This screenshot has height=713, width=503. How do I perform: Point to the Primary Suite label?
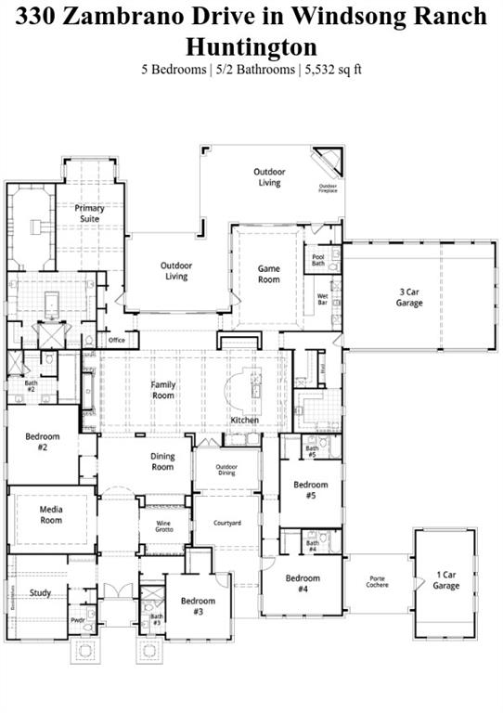point(90,214)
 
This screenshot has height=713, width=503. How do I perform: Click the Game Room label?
point(269,274)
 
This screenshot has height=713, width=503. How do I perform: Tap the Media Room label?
point(51,515)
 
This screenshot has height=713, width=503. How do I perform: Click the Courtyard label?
point(227,524)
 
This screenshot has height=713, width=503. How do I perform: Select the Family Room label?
point(163,390)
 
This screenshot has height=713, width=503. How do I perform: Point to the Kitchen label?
point(245,421)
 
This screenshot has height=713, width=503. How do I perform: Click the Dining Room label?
point(162,461)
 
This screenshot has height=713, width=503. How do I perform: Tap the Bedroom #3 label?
point(198,606)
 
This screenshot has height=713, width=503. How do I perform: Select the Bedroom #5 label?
point(311,489)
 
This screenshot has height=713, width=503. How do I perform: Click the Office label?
point(116,341)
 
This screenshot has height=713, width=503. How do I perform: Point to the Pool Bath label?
point(318,261)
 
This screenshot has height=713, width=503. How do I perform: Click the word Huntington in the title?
point(251,46)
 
